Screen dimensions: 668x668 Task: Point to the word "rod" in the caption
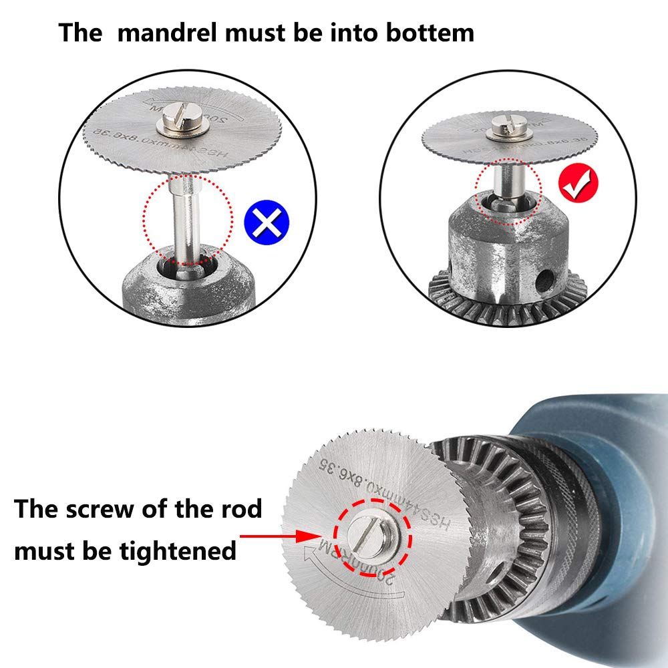240,510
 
